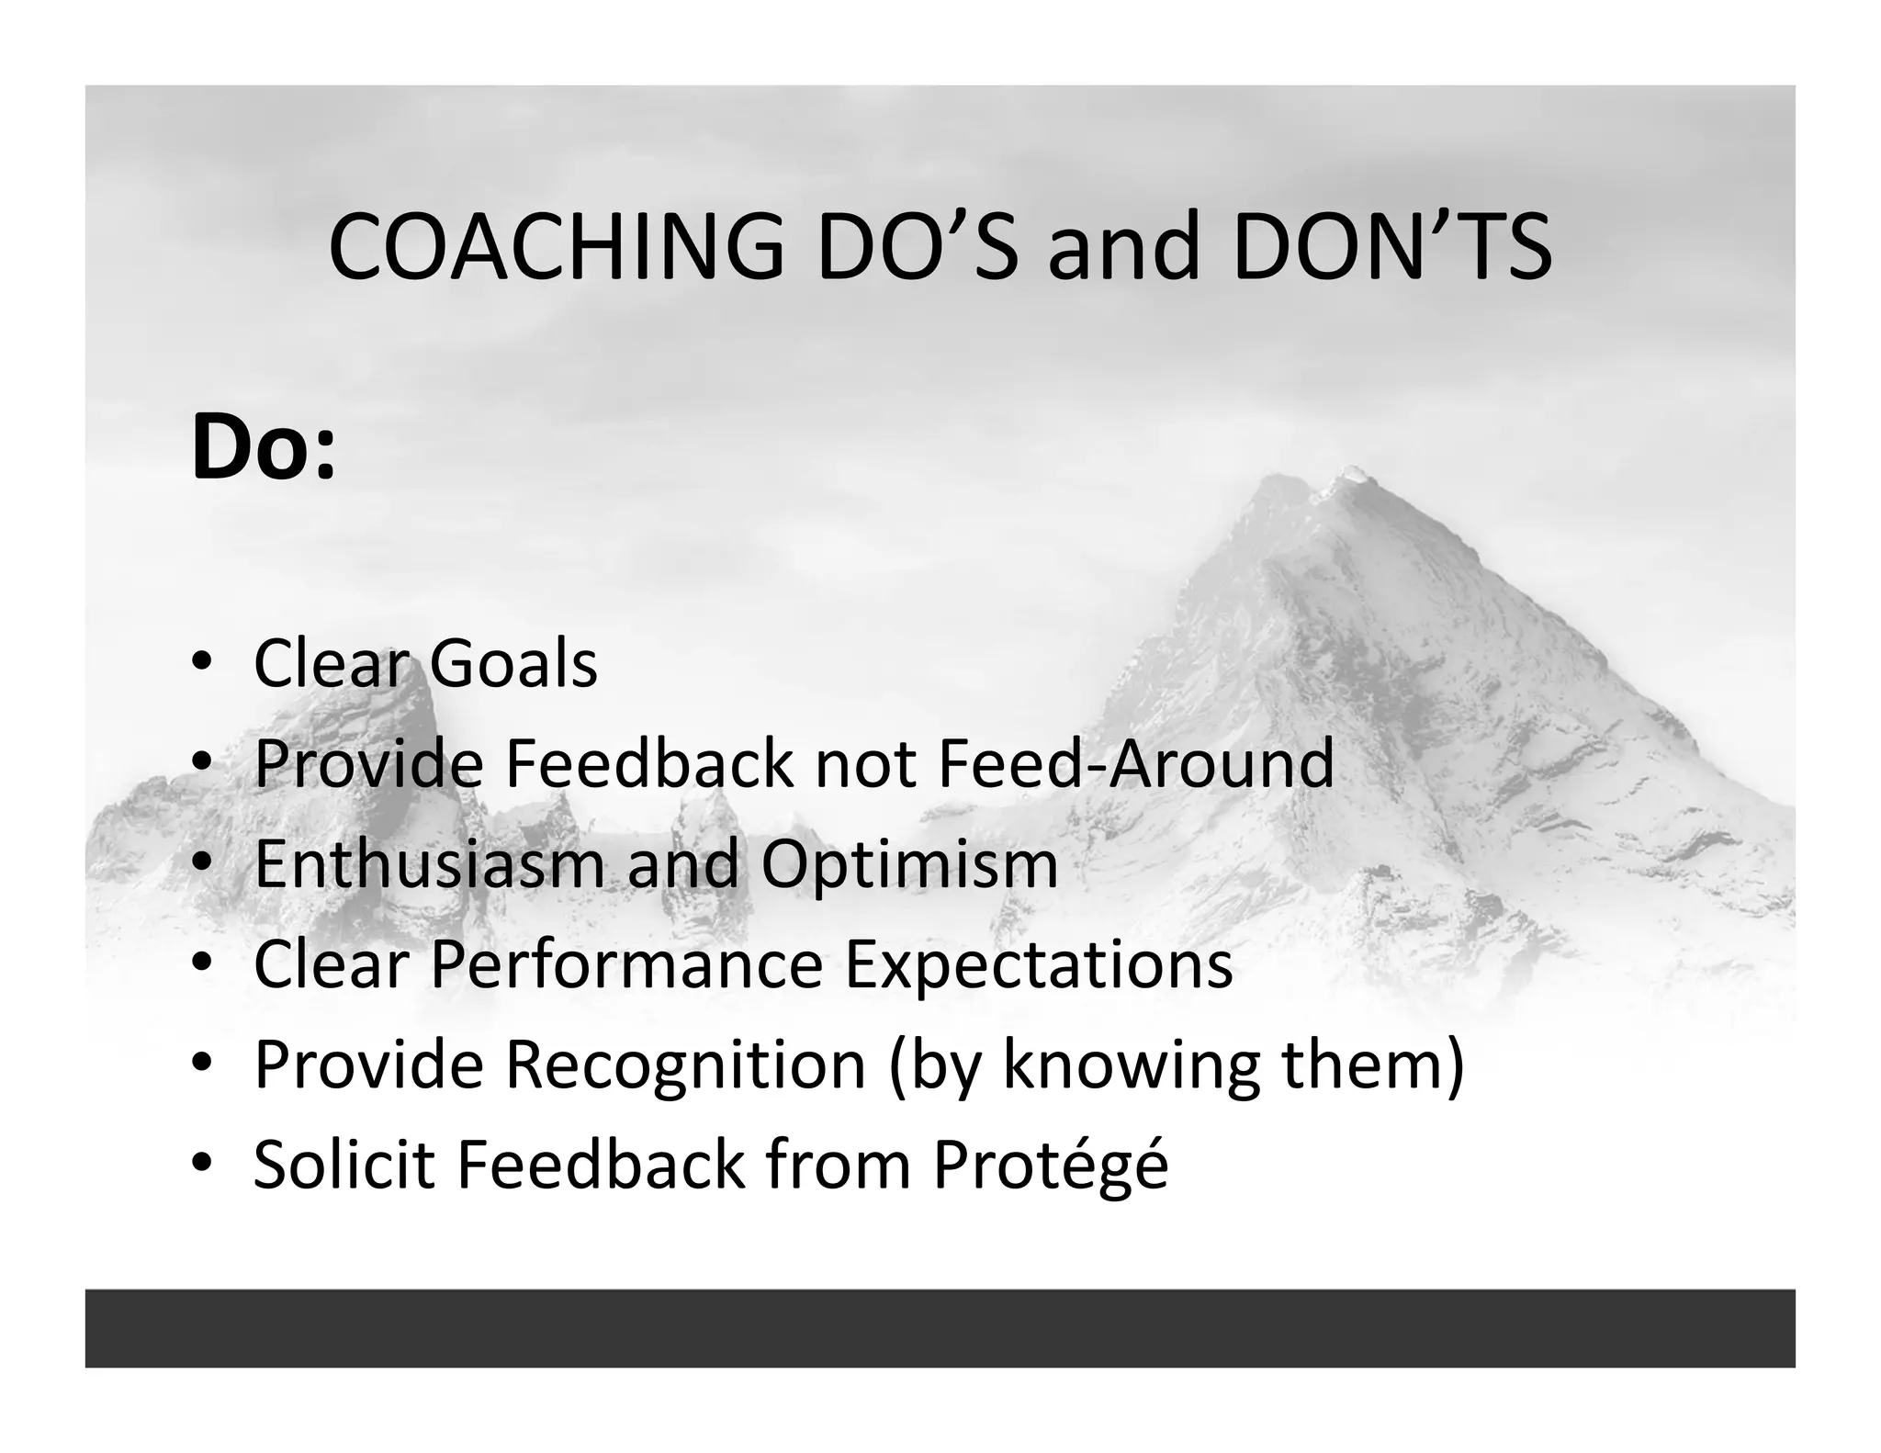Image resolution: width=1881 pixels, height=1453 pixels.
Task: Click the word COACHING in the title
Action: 556,248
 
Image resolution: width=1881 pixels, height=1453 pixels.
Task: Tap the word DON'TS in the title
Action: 1391,248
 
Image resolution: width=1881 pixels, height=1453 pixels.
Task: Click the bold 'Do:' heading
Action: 264,449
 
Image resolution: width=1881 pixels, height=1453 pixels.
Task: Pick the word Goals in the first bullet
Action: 512,663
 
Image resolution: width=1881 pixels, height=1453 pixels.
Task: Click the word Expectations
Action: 1038,966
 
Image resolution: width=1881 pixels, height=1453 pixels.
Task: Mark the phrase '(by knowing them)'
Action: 1176,1066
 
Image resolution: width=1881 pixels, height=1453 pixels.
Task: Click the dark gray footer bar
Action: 940,1327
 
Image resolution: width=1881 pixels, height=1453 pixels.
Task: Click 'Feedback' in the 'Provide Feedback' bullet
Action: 648,763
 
